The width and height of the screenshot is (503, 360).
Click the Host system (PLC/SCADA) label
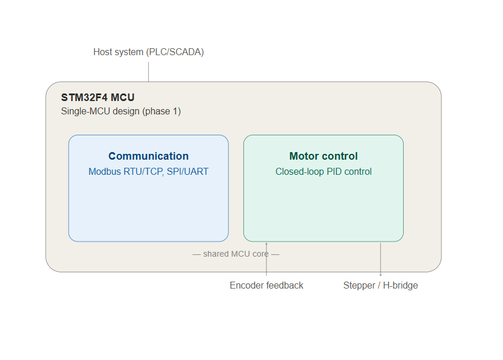pyautogui.click(x=149, y=52)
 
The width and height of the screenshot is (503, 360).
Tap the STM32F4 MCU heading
pyautogui.click(x=98, y=98)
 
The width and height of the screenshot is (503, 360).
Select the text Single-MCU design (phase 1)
pyautogui.click(x=121, y=111)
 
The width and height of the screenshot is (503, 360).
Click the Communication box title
pyautogui.click(x=149, y=156)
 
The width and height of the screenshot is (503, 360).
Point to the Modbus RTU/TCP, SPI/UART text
pyautogui.click(x=149, y=171)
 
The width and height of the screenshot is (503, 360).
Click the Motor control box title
pyautogui.click(x=324, y=156)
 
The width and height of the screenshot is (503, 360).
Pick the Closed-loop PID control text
pyautogui.click(x=324, y=171)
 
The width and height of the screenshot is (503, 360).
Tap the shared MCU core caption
pyautogui.click(x=236, y=254)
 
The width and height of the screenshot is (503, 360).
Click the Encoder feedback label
pyautogui.click(x=267, y=285)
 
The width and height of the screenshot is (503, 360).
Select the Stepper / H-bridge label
pyautogui.click(x=380, y=285)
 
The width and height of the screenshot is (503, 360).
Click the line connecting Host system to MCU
pyautogui.click(x=149, y=72)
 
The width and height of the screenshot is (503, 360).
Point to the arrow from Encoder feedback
pyautogui.click(x=266, y=259)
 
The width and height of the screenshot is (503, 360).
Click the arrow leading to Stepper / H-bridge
pyautogui.click(x=380, y=259)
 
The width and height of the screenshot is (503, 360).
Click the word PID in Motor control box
pyautogui.click(x=334, y=171)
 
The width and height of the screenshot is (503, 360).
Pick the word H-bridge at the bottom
pyautogui.click(x=400, y=285)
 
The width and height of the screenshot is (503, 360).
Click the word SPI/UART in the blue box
pyautogui.click(x=188, y=171)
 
